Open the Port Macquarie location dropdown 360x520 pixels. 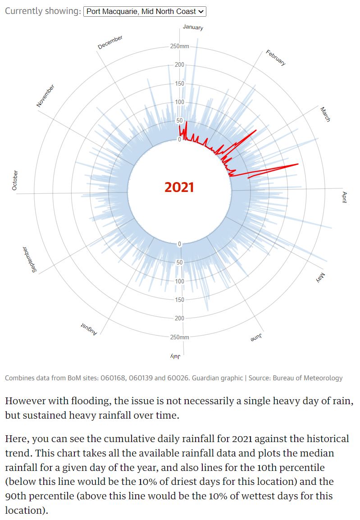point(145,11)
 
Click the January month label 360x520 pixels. point(193,27)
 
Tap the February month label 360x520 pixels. point(275,58)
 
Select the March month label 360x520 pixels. point(325,114)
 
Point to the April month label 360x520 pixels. point(344,197)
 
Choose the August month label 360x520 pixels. point(89,329)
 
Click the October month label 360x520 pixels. point(15,180)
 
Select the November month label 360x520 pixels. point(46,96)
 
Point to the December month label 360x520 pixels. point(110,42)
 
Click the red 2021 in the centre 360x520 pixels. point(179,187)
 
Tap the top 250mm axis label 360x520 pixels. point(180,46)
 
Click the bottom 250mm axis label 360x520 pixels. point(180,337)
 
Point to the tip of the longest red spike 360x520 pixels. point(298,164)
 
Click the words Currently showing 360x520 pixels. point(42,11)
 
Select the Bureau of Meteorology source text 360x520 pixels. point(307,378)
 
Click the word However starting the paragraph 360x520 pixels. point(25,401)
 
